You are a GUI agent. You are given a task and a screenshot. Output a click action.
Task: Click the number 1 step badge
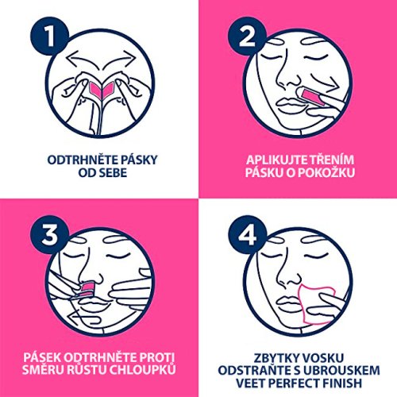tap(49, 37)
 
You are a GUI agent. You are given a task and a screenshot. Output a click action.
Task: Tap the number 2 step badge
tap(247, 37)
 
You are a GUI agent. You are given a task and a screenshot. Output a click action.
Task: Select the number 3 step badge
tap(49, 234)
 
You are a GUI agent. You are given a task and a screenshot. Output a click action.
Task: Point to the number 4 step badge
tap(247, 234)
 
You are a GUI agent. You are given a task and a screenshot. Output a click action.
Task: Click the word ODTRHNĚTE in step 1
tap(83, 160)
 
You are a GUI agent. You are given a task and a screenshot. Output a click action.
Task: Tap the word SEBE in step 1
tap(113, 173)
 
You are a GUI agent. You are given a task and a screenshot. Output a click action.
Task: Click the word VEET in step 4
tap(249, 383)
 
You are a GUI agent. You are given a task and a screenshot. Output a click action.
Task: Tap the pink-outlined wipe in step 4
tap(317, 303)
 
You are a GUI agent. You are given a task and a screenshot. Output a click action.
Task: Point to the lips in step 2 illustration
tap(287, 105)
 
